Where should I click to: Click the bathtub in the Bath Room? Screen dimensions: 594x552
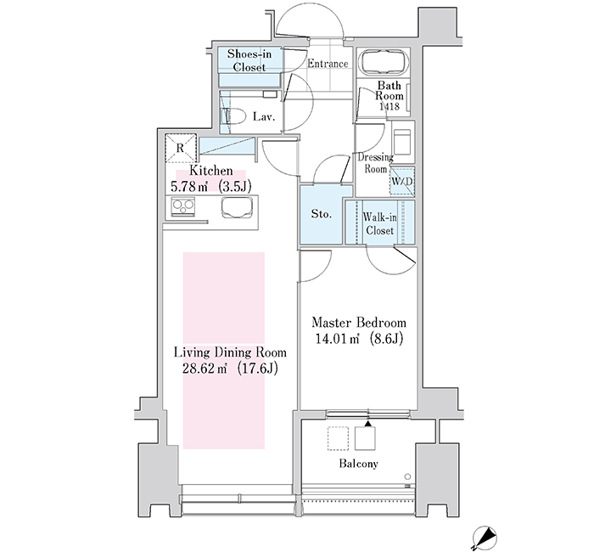[x=385, y=62]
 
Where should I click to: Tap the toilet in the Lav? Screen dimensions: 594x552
[x=232, y=116]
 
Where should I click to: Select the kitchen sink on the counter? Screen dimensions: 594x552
[x=237, y=208]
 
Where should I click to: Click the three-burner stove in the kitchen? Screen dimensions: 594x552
[x=183, y=207]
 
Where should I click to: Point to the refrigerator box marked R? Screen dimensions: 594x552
[x=181, y=148]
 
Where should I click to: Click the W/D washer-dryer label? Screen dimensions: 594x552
[x=402, y=181]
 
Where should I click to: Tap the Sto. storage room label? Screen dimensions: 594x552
[x=322, y=214]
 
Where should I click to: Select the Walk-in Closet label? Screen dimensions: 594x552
[x=379, y=223]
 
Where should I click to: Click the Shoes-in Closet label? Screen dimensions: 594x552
[x=249, y=60]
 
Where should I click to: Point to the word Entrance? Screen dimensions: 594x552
[x=328, y=64]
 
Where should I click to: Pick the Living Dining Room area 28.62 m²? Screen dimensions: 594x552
[x=205, y=368]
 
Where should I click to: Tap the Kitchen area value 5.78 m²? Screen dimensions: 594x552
[x=188, y=187]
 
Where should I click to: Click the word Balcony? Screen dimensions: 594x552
[x=358, y=464]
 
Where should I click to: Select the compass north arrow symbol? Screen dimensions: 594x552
[x=485, y=538]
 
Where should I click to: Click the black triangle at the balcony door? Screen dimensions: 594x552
[x=367, y=424]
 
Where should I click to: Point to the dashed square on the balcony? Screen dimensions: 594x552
[x=338, y=438]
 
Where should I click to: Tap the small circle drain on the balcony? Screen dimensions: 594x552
[x=407, y=476]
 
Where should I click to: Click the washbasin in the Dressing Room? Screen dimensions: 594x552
[x=402, y=142]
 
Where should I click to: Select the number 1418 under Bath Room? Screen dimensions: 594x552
[x=389, y=106]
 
